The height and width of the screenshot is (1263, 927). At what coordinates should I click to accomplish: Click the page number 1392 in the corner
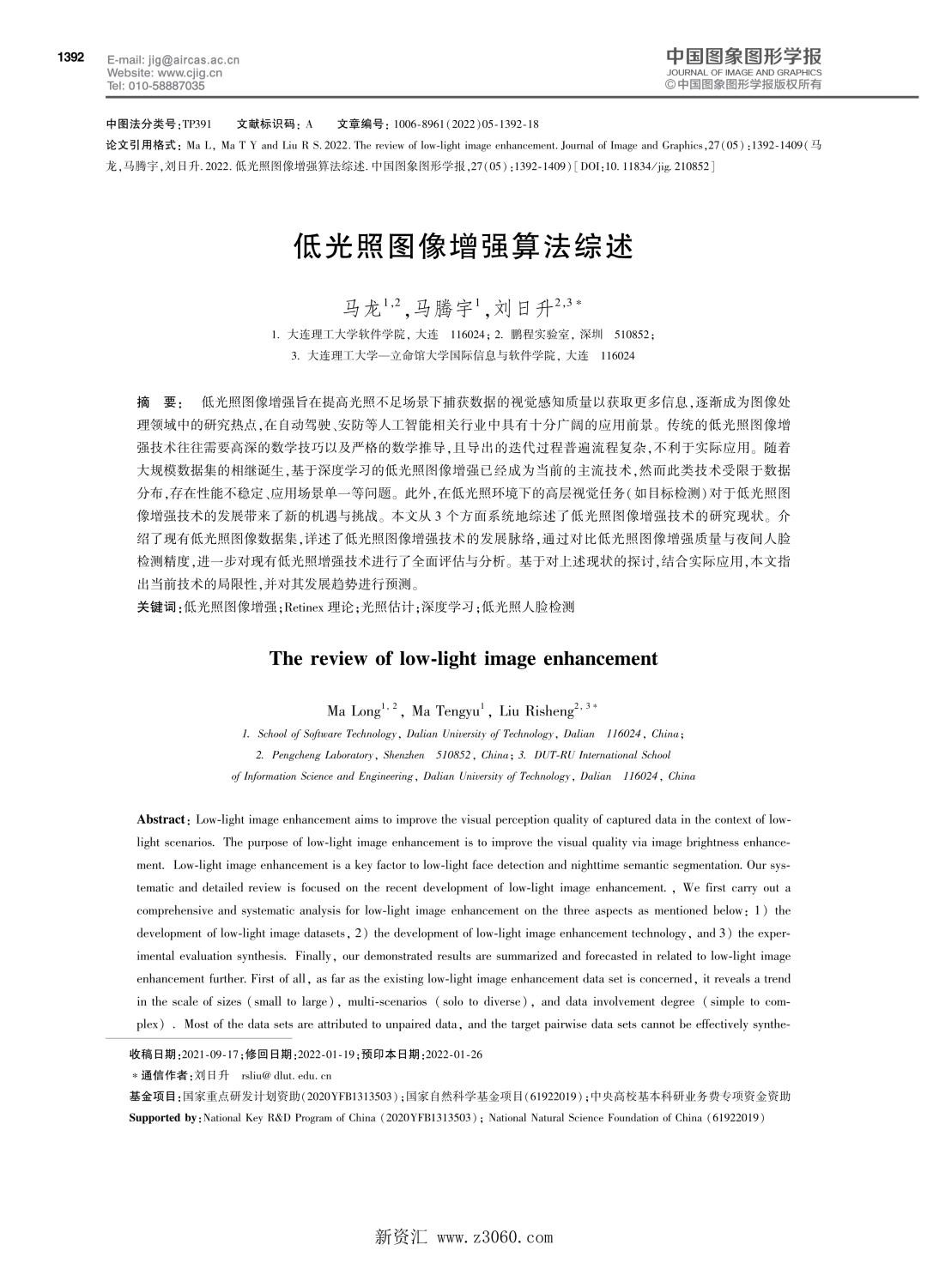(x=70, y=57)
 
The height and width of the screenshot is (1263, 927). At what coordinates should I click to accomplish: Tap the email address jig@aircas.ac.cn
(x=190, y=60)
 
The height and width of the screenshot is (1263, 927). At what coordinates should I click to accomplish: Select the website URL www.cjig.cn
(x=190, y=73)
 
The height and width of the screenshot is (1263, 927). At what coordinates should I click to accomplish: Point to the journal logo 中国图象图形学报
(x=743, y=57)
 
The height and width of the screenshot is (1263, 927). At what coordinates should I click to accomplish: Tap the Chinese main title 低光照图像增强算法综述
(x=463, y=246)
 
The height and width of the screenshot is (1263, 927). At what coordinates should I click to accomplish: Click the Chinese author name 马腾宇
(x=449, y=306)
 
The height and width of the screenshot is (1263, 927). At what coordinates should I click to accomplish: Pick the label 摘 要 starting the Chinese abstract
(x=159, y=402)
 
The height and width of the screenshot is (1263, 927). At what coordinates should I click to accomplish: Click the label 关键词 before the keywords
(x=159, y=607)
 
